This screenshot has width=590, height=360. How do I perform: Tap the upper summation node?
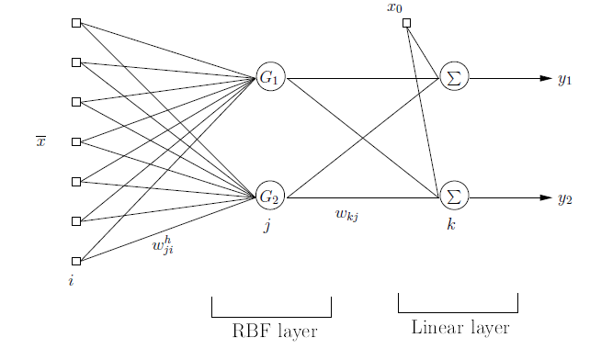453,79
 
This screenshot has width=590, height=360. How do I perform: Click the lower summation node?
453,197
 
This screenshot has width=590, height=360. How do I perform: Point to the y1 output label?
565,80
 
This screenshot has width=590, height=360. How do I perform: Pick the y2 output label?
565,197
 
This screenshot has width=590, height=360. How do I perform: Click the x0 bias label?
395,8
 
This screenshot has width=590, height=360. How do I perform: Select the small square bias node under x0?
407,23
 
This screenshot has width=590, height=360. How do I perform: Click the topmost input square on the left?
76,23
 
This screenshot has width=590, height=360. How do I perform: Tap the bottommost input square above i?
76,261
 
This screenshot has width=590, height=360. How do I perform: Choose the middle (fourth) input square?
76,141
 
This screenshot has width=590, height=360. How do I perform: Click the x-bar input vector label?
40,141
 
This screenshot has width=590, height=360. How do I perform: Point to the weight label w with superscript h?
163,246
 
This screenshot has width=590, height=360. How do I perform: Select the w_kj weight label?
346,215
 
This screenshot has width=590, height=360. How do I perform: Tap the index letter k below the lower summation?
450,223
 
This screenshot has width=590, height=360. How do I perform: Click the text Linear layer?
459,328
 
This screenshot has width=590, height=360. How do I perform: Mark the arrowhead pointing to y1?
545,79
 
